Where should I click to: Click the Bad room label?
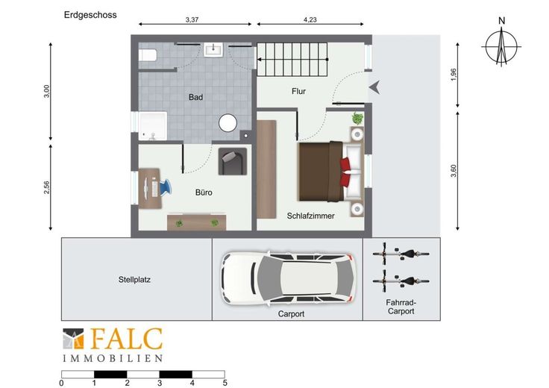[195, 97]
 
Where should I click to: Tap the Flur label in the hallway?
[298, 91]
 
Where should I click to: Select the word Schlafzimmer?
[310, 216]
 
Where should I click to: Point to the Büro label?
[204, 193]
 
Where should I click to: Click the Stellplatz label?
[134, 280]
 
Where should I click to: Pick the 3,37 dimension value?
[192, 19]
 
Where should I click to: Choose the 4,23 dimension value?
[310, 19]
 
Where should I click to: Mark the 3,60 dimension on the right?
[454, 171]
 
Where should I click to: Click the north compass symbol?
[502, 46]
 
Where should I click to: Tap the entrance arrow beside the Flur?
[374, 87]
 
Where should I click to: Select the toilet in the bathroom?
[148, 55]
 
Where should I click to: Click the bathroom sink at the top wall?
[213, 49]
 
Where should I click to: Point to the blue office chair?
[165, 187]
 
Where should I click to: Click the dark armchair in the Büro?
[233, 161]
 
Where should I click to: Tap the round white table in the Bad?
[228, 123]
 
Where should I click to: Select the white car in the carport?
[289, 278]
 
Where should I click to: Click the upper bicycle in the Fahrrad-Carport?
[401, 254]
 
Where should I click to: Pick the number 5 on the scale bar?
[225, 383]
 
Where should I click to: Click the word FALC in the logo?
[126, 339]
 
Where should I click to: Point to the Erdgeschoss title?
[90, 15]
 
